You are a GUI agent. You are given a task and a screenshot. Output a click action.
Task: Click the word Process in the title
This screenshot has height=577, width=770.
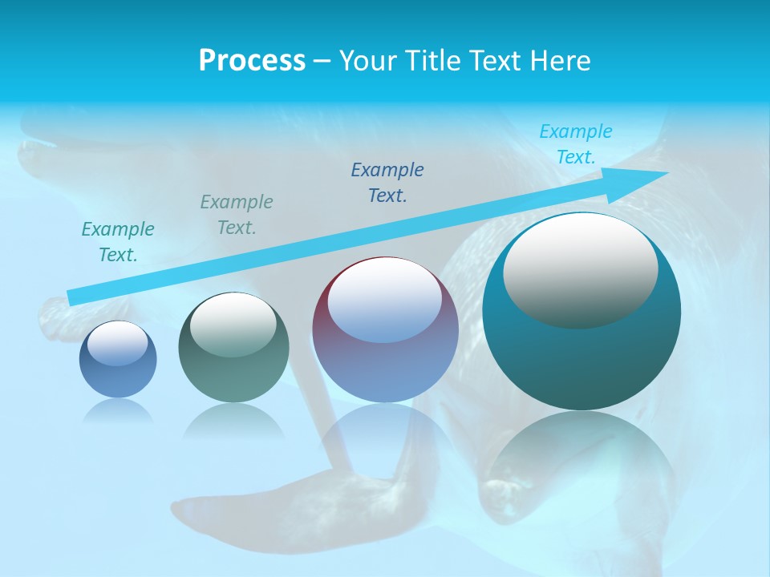point(252,60)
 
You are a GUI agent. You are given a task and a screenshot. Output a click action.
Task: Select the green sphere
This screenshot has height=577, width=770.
point(233,377)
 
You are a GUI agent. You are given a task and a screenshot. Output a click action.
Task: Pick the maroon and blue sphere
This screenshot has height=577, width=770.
point(385,369)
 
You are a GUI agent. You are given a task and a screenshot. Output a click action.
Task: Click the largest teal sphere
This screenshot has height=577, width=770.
point(582,361)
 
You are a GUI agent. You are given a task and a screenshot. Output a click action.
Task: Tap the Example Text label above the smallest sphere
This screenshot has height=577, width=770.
point(118,242)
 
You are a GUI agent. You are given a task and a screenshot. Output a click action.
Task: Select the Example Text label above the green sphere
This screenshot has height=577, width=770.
point(237,215)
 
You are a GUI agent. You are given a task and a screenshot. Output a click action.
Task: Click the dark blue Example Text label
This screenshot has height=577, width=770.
point(387,182)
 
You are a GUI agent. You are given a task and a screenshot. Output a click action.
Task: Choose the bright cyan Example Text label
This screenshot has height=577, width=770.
point(576,144)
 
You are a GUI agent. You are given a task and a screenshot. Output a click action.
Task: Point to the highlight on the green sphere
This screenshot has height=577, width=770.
point(233,325)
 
